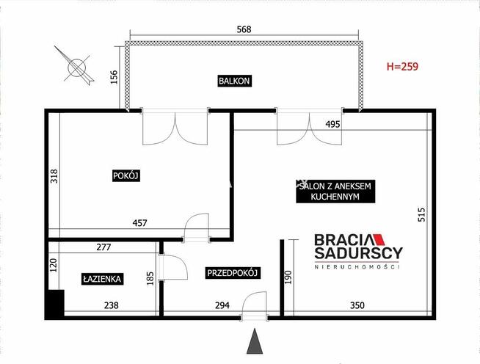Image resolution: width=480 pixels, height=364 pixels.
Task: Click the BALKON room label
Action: point(234,81)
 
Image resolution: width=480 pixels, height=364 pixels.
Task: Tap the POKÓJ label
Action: point(126,175)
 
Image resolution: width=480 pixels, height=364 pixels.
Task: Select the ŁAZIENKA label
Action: point(102,279)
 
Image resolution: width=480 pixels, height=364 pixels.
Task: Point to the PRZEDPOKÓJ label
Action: point(233,273)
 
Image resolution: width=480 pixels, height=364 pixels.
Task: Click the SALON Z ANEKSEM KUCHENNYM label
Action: point(335,192)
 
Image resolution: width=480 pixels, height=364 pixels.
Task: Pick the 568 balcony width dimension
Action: point(244,29)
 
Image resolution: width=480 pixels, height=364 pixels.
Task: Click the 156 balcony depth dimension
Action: point(114,77)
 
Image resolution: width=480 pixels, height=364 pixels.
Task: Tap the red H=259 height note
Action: point(402,67)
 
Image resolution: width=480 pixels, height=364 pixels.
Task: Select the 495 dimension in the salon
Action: point(332,124)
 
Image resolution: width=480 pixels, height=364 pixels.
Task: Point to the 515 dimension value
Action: point(421,214)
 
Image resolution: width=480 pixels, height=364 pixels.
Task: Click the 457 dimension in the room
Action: point(139,223)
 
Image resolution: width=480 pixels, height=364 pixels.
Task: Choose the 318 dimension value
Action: point(54,176)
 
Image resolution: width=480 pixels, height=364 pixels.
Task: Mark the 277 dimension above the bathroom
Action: point(103,247)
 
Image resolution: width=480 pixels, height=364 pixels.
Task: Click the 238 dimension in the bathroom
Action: point(111,305)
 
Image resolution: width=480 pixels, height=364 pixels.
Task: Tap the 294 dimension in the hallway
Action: point(222,305)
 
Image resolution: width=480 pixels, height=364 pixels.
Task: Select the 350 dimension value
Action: point(357,305)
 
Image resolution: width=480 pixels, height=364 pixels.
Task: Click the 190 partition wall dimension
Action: point(288,277)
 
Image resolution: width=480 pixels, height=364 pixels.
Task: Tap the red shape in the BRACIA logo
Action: point(379,239)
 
